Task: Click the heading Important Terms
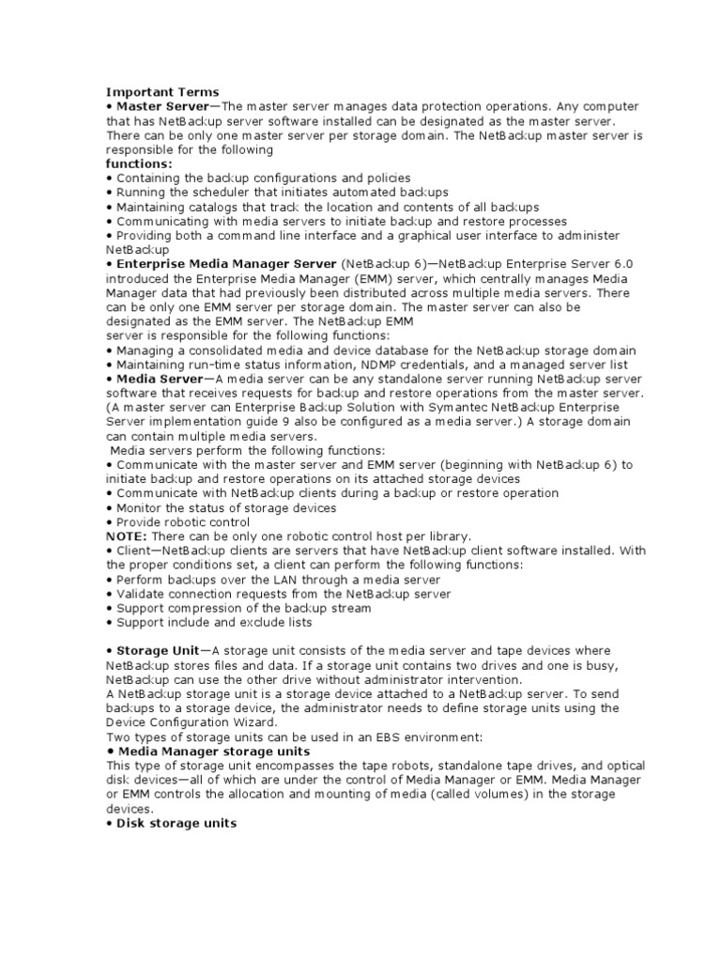162,92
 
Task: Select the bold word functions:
133,163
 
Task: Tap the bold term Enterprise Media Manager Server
225,264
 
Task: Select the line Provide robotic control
182,521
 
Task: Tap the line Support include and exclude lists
213,622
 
